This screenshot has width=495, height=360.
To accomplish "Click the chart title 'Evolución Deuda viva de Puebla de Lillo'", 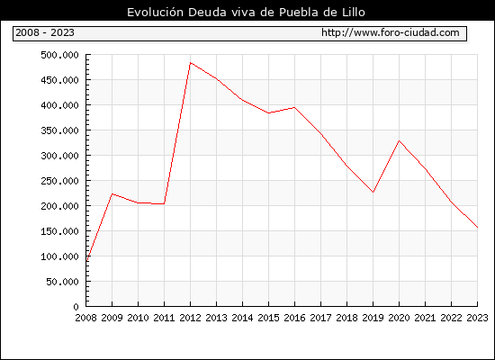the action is pyautogui.click(x=246, y=13).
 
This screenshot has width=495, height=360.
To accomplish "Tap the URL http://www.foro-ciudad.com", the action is pyautogui.click(x=391, y=32).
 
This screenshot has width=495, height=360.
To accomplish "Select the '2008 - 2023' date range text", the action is pyautogui.click(x=45, y=32).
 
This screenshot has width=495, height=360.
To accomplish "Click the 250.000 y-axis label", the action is pyautogui.click(x=59, y=181).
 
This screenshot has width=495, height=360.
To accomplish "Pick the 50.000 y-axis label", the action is pyautogui.click(x=62, y=282).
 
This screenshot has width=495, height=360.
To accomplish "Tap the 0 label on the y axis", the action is pyautogui.click(x=76, y=307).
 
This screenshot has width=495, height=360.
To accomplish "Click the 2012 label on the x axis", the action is pyautogui.click(x=190, y=318).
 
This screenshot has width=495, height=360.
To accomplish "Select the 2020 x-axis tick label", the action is pyautogui.click(x=399, y=318).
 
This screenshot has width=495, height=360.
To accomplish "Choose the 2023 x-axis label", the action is pyautogui.click(x=477, y=318).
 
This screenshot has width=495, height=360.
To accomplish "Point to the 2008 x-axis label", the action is pyautogui.click(x=85, y=318).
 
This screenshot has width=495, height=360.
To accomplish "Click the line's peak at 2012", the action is pyautogui.click(x=191, y=63).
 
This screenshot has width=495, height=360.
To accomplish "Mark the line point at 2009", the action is pyautogui.click(x=112, y=193).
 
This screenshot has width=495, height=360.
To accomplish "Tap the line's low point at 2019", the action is pyautogui.click(x=373, y=192).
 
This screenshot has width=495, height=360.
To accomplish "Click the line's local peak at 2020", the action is pyautogui.click(x=399, y=140).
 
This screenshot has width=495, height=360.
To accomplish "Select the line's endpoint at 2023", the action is pyautogui.click(x=477, y=227).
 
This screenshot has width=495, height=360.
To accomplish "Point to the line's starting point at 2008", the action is pyautogui.click(x=86, y=260).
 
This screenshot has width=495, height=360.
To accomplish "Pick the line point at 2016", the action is pyautogui.click(x=294, y=107).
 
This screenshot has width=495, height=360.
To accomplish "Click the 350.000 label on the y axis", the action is pyautogui.click(x=59, y=130).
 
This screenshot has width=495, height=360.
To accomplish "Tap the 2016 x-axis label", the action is pyautogui.click(x=294, y=318).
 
